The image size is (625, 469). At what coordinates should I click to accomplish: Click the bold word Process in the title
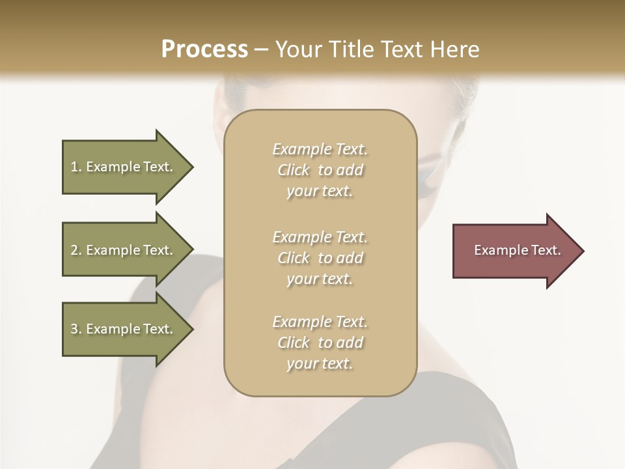[204, 50]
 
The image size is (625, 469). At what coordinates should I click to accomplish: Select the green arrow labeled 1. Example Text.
[124, 167]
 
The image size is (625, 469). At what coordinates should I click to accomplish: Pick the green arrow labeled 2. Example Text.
[124, 250]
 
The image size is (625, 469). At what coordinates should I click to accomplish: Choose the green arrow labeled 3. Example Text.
[124, 329]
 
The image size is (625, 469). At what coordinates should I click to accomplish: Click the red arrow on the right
[514, 250]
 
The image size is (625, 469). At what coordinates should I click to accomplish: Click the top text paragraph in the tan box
[320, 170]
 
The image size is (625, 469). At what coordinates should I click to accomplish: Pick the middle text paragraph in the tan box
[320, 258]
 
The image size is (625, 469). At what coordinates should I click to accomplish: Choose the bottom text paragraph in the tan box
[320, 343]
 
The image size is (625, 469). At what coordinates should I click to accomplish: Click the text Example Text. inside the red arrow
[517, 250]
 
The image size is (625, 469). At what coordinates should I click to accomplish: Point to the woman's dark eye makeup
[428, 184]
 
